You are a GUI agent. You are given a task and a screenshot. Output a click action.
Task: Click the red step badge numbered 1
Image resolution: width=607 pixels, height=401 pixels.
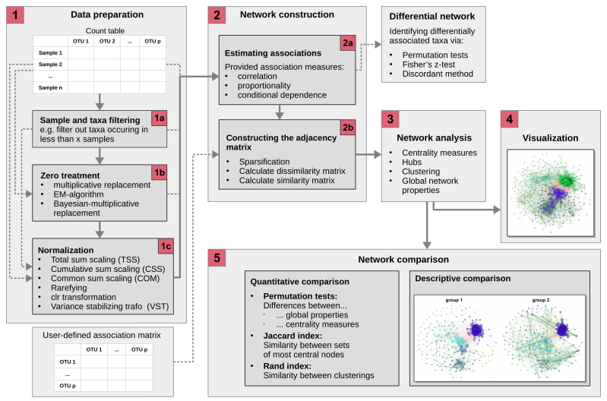click(x=17, y=14)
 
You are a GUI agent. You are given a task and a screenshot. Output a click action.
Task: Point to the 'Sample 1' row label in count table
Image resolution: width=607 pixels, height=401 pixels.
click(x=52, y=52)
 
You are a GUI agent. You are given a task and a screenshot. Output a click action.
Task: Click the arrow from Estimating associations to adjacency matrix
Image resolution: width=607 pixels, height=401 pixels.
click(x=280, y=112)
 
